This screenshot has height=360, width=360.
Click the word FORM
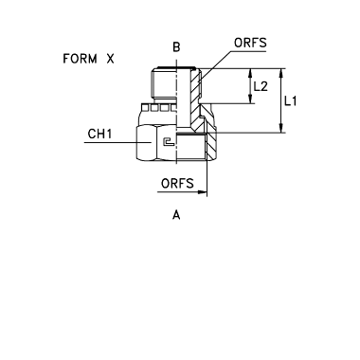point(80,59)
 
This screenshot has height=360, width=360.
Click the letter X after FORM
point(110,59)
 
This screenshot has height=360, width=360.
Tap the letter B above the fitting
point(176,47)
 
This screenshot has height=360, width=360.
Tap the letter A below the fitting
point(176,215)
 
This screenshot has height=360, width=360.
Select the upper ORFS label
point(250,43)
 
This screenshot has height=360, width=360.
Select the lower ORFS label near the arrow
point(177,183)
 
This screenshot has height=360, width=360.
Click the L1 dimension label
point(290,101)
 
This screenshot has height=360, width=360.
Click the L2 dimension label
point(261,86)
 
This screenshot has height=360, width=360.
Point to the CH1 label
point(99,134)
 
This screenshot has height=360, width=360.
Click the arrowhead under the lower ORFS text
point(202,191)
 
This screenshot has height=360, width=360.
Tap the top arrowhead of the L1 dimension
point(280,73)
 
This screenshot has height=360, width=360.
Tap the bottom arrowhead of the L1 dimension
point(280,128)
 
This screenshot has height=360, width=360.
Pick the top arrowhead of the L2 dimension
point(251,73)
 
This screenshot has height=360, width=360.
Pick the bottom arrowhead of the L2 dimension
point(251,99)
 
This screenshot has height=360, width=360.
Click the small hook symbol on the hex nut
point(169,142)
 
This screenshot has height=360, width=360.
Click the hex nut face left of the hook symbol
point(146,143)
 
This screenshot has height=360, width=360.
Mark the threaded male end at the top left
point(164,83)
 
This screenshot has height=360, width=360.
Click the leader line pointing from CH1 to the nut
point(117,143)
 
